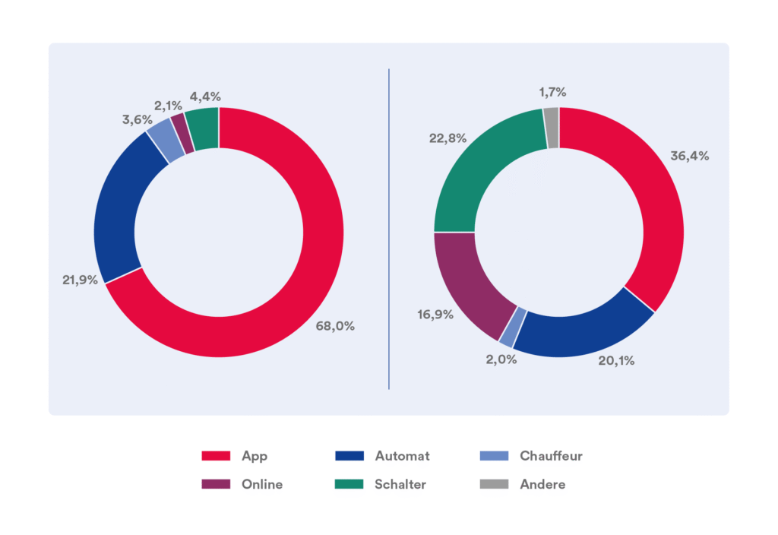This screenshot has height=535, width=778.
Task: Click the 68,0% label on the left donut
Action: (335, 326)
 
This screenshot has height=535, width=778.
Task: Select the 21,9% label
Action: (80, 280)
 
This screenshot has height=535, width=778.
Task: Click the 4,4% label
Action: (205, 97)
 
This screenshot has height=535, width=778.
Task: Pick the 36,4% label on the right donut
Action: (689, 156)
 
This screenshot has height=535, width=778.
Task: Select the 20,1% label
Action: (616, 361)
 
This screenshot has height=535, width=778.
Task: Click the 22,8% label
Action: (448, 138)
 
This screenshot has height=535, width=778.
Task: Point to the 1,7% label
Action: (552, 93)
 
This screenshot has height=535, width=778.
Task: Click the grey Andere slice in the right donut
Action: (552, 117)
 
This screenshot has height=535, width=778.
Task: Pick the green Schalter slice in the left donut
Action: (203, 128)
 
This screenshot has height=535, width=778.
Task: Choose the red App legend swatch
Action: (216, 456)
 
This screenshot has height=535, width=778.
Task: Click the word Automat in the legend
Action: (402, 456)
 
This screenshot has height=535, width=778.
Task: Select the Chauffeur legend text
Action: (551, 456)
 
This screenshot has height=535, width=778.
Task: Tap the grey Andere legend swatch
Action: (494, 484)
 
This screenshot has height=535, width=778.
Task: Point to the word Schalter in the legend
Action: (400, 484)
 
